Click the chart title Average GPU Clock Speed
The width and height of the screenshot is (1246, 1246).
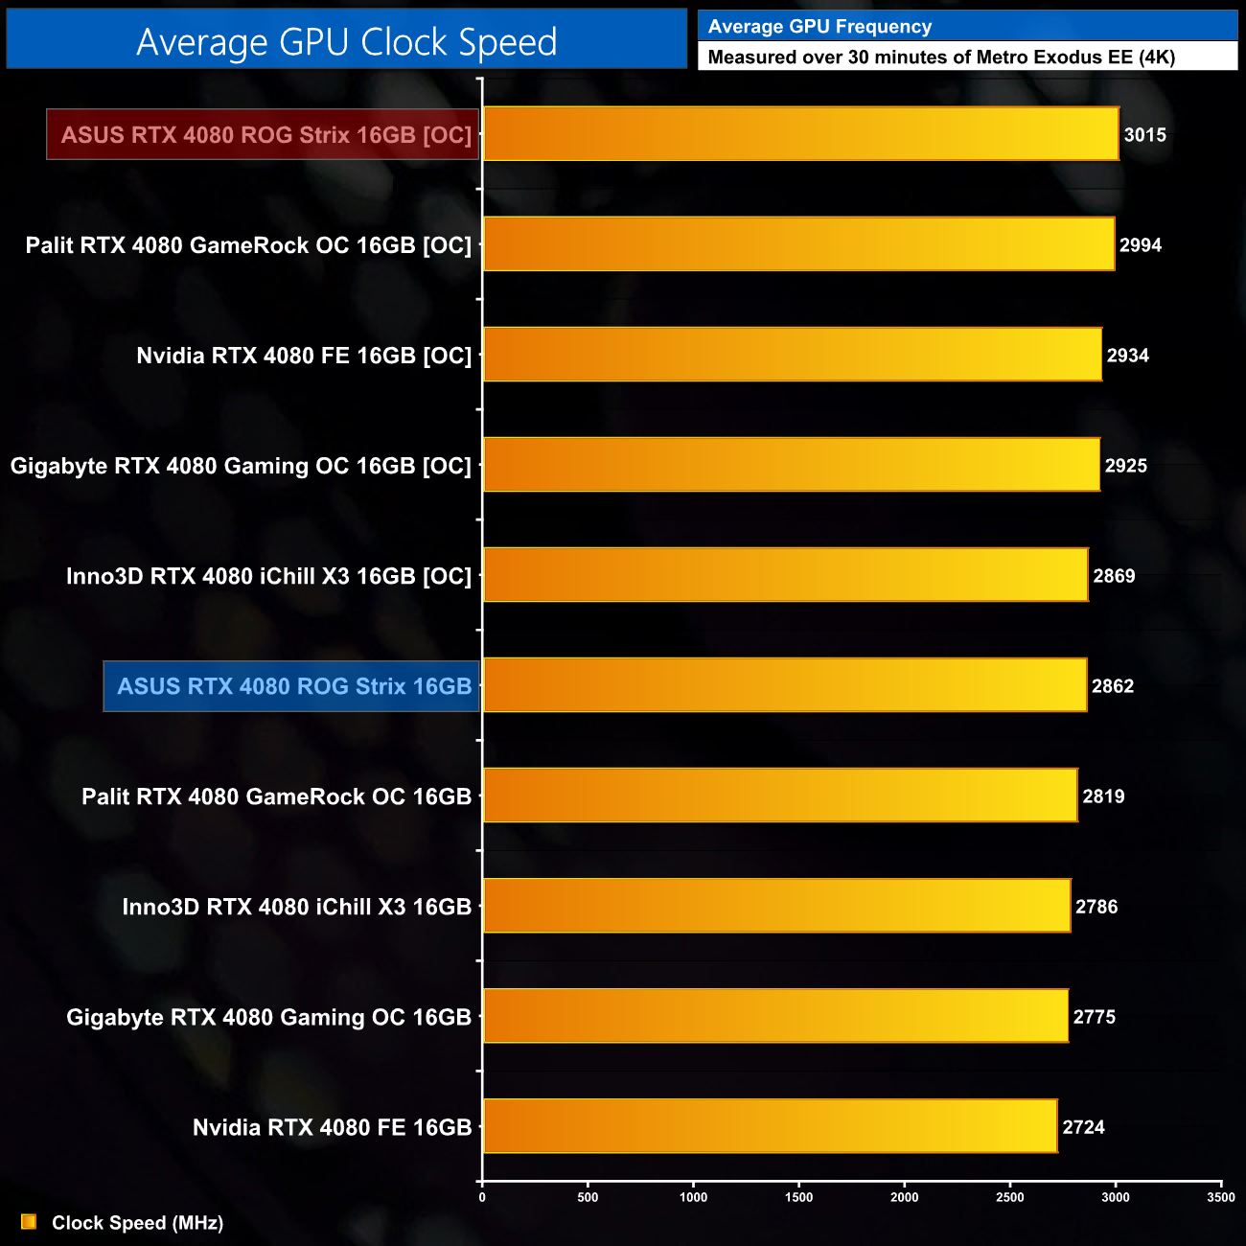(346, 41)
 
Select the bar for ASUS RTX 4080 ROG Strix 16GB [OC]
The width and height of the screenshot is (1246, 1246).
(800, 133)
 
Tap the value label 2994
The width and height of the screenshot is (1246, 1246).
(1140, 245)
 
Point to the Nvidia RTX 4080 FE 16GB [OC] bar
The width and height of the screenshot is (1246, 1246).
(792, 355)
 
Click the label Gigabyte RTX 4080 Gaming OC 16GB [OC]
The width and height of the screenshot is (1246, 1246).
(241, 466)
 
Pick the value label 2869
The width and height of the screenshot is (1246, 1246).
(1114, 576)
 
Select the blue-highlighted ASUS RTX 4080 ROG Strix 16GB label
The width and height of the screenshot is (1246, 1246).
(293, 686)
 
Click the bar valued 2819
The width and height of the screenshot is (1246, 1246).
(779, 796)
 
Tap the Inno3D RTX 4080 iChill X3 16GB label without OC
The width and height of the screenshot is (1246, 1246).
(296, 907)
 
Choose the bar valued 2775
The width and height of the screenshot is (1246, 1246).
(774, 1016)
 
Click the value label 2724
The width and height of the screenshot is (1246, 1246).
(1083, 1127)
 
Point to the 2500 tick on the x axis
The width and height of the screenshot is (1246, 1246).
(1009, 1197)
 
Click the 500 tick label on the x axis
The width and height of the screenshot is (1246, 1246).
(588, 1197)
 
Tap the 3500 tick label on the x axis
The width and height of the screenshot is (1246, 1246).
(1220, 1197)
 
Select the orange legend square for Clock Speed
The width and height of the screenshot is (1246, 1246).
(29, 1222)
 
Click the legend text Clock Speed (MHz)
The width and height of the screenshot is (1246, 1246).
(137, 1223)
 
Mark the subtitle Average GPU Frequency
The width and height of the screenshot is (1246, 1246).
(819, 27)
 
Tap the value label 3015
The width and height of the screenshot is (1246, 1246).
(1144, 135)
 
